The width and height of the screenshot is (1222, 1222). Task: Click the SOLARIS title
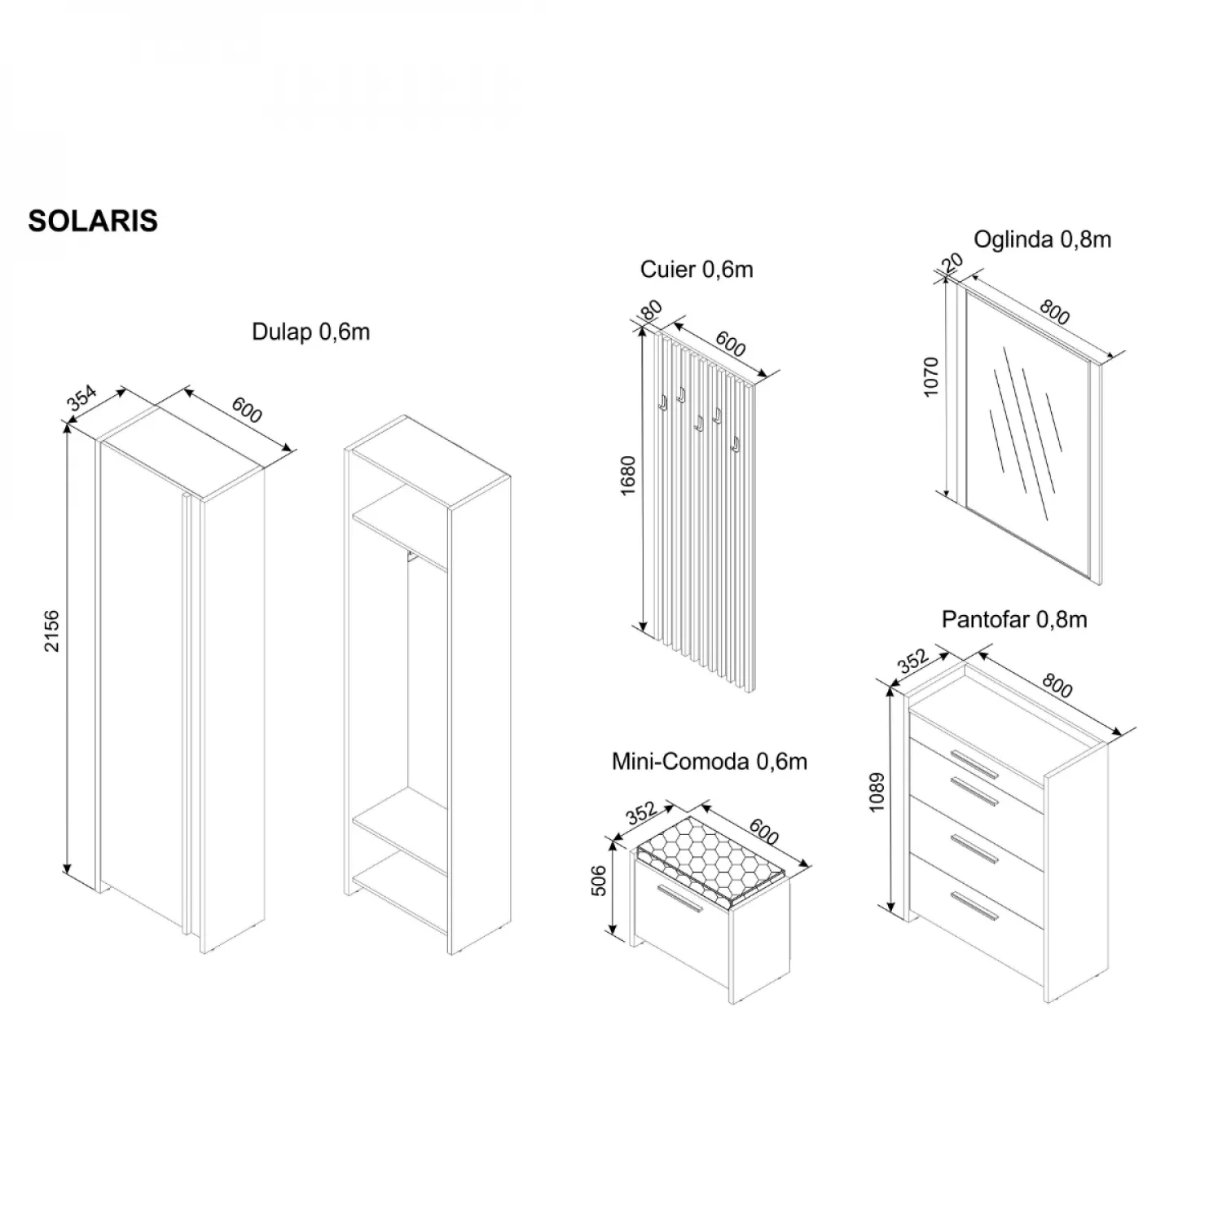coord(93,221)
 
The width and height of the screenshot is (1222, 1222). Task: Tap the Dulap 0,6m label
coord(310,332)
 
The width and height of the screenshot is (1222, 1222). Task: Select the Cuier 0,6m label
coord(697,270)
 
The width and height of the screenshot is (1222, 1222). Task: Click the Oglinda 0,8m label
coord(1043,240)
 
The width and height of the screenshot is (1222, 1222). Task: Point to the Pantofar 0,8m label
coord(1014,619)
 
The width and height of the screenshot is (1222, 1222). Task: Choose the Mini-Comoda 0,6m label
coord(710,762)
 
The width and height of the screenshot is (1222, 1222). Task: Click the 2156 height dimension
coord(52,631)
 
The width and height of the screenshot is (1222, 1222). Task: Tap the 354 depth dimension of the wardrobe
coord(81,397)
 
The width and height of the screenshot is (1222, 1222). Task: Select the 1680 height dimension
coord(627,477)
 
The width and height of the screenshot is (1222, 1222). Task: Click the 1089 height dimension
coord(877,792)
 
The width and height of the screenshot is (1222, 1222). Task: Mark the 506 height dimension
coord(599,881)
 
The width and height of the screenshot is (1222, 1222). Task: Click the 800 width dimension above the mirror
coord(1054,313)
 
